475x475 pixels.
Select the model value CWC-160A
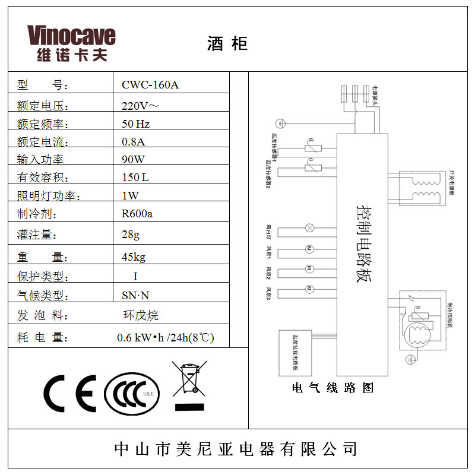coord(150,84)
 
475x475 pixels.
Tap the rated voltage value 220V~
coord(140,107)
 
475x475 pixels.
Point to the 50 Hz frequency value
coord(135,124)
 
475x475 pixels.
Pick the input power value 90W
coord(133,159)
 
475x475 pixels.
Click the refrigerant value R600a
coord(137,214)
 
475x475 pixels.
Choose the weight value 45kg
coord(133,257)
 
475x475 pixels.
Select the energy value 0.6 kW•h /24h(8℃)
coord(165,337)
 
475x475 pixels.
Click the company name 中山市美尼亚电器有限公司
coord(236,448)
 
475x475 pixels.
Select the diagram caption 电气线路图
coord(333,388)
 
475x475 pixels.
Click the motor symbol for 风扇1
coord(309,248)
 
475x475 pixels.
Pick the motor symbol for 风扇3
coord(309,289)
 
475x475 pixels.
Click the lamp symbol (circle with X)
coord(309,228)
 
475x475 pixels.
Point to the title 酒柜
coord(227,43)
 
